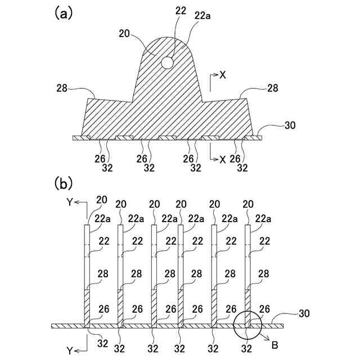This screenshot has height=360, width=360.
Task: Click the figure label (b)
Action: (x=63, y=183)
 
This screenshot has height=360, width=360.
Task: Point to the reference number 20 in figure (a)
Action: (x=124, y=34)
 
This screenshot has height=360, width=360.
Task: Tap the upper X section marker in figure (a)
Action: (x=223, y=75)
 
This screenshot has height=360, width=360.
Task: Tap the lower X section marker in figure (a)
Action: (x=223, y=160)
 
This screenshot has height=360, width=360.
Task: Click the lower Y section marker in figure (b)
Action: (x=70, y=350)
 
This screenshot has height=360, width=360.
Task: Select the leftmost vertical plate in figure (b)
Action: (x=87, y=276)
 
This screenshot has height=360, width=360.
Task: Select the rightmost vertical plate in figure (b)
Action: (x=247, y=276)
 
